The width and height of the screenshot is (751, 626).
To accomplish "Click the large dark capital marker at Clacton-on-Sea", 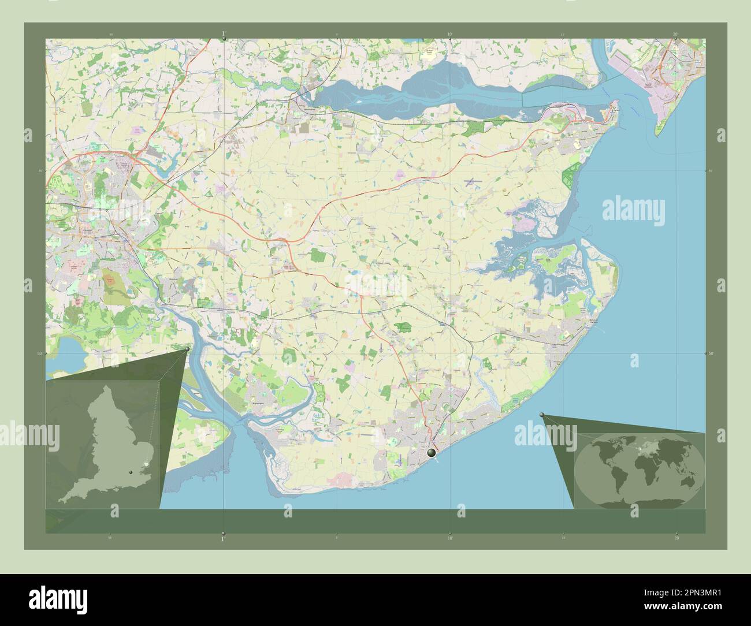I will pos(432,453).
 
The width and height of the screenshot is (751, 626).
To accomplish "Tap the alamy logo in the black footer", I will pos(52,598).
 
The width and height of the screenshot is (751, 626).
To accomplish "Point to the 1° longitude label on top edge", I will pos(224,34).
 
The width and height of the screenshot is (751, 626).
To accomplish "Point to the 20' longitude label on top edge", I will pos(675,34).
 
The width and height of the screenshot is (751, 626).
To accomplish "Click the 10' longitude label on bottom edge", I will pos(449,538).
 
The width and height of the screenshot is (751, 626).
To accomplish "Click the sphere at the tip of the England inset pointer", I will pos(188,349).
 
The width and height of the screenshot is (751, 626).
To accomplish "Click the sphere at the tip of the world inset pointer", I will pos(542,415).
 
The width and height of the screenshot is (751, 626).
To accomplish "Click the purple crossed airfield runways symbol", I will pos(474,181).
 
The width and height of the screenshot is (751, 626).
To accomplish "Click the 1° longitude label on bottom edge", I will pos(223,538).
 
